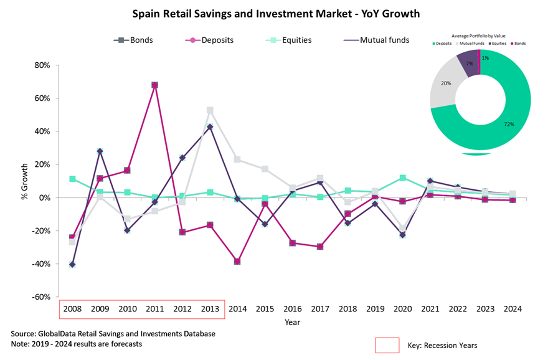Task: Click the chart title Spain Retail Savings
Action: point(275,12)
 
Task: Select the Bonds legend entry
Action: point(134,40)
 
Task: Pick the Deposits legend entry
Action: point(211,40)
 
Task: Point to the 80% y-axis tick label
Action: point(41,65)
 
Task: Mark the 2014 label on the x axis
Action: point(237,309)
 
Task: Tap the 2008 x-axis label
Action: point(72,309)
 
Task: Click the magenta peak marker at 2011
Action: point(154,85)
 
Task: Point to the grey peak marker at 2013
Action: point(210,110)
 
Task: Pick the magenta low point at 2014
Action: point(237,262)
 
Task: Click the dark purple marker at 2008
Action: point(72,265)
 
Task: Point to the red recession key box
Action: point(387,345)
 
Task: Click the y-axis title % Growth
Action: point(25,181)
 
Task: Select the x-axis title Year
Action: point(292,322)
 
